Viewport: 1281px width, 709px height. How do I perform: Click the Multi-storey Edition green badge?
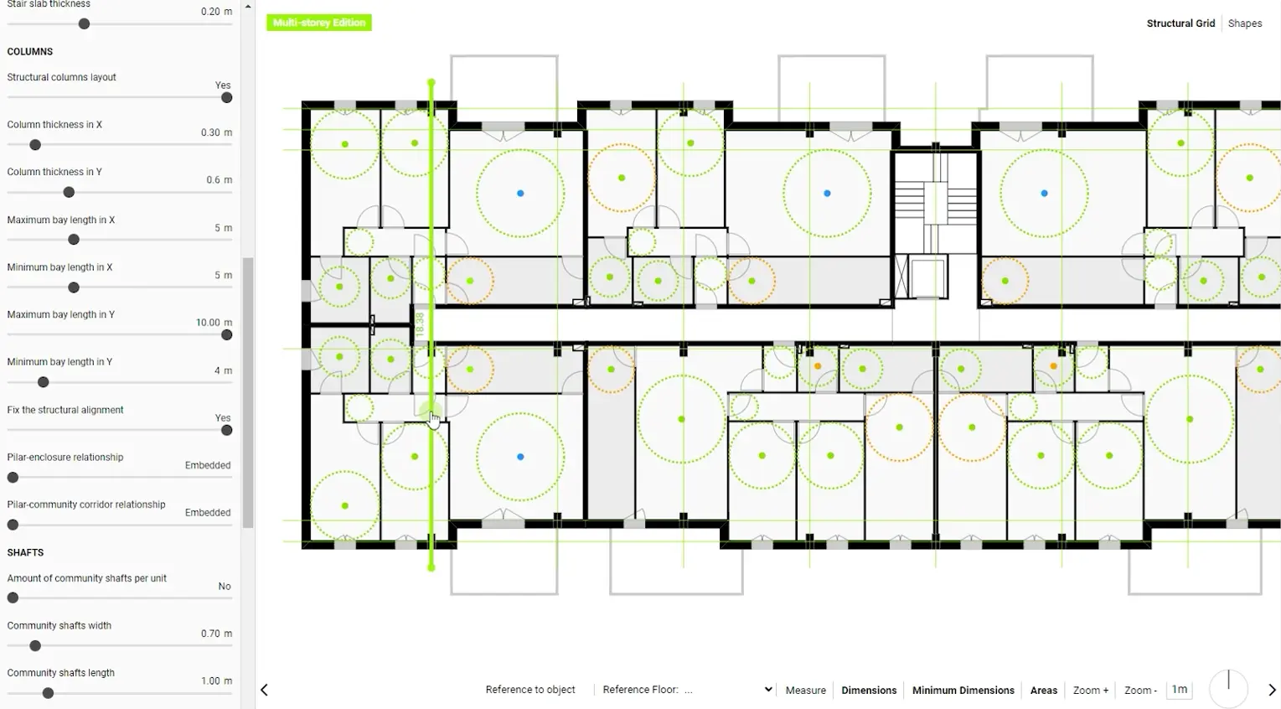(x=318, y=23)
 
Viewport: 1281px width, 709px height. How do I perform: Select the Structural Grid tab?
(x=1180, y=23)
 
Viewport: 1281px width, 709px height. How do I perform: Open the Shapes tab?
(x=1245, y=23)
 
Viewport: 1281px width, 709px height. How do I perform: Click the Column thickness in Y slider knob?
(x=69, y=192)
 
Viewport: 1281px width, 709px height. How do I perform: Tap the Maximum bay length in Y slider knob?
(x=226, y=334)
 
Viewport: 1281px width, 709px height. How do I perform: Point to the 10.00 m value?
(x=214, y=323)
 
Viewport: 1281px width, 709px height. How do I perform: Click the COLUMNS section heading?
(x=29, y=51)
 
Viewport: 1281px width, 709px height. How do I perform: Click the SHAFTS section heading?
(x=25, y=552)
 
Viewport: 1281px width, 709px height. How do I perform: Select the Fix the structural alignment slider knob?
(x=226, y=430)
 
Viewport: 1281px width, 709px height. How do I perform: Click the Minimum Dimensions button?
(x=963, y=690)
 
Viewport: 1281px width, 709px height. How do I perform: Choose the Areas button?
(x=1044, y=690)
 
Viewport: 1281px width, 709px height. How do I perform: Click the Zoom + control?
(x=1091, y=690)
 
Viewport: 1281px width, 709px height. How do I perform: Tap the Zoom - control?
(x=1140, y=690)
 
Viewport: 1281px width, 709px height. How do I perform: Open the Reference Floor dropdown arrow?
(x=768, y=690)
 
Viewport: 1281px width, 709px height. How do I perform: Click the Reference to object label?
(x=530, y=690)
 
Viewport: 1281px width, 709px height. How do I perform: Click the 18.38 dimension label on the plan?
(x=421, y=323)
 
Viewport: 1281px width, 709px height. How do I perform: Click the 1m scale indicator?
(x=1179, y=690)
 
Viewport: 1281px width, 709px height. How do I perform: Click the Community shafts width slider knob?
(x=35, y=645)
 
